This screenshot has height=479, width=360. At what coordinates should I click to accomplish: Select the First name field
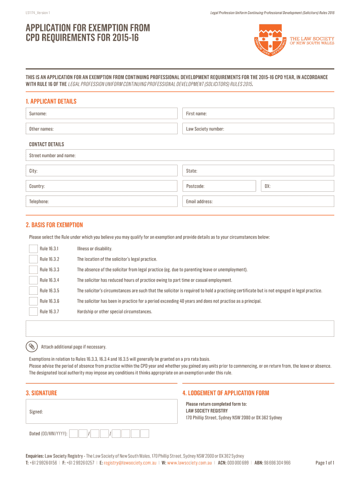(258, 114)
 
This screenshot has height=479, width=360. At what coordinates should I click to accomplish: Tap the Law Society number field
(258, 129)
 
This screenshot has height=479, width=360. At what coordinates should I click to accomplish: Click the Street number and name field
(180, 155)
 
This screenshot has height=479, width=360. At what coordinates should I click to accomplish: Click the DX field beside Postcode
(297, 186)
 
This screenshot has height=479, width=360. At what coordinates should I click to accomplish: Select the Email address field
(258, 201)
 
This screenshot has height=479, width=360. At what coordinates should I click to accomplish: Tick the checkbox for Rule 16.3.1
(33, 249)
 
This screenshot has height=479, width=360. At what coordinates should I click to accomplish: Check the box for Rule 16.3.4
(33, 280)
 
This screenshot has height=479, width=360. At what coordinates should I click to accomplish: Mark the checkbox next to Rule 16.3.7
(33, 312)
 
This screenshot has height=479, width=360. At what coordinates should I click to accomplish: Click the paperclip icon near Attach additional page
(31, 347)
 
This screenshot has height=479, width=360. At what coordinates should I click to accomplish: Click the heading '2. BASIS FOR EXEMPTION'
(54, 225)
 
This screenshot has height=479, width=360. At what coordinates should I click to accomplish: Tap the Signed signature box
(102, 412)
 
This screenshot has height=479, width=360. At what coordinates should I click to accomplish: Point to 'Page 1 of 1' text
(324, 463)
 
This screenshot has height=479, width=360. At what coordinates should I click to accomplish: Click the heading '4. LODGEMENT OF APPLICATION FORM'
(225, 393)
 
